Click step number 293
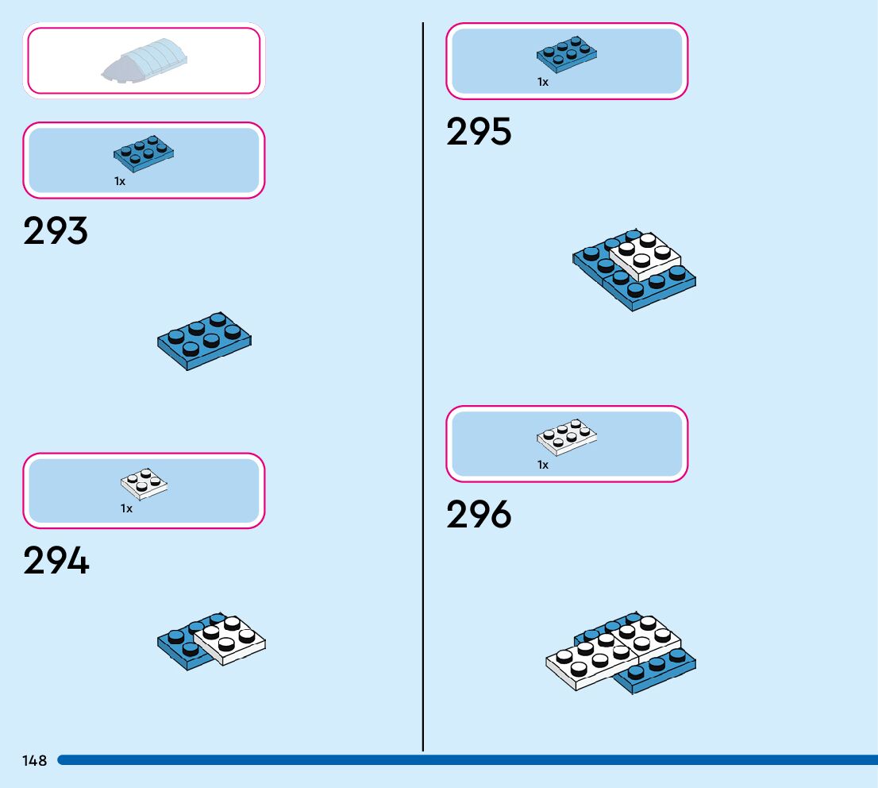click(56, 231)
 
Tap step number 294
click(56, 561)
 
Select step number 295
click(479, 132)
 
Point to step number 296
click(479, 515)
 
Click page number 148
click(35, 761)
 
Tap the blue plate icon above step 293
click(144, 153)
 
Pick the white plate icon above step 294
click(144, 484)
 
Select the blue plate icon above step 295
click(567, 52)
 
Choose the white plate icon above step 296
click(567, 437)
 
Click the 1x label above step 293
click(120, 181)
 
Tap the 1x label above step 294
click(126, 508)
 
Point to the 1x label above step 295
click(543, 82)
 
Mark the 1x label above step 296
click(543, 465)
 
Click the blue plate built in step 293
click(205, 341)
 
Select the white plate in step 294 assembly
click(230, 639)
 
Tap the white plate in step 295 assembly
click(645, 256)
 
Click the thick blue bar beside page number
click(468, 760)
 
